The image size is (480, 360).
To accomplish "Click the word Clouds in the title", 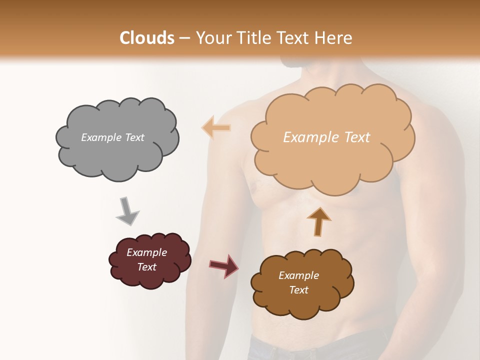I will coord(147,38).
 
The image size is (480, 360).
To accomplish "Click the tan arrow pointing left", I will coord(216,127).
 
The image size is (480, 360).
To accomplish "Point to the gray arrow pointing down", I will coord(127,210).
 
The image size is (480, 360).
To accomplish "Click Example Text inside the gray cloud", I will coord(112,137).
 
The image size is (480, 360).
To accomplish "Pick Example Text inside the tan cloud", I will coord(326,137).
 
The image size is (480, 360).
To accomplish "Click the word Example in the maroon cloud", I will coord(146,252).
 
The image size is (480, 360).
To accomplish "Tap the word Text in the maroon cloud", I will coord(146,267).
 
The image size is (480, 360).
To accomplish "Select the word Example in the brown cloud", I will coord(298,275).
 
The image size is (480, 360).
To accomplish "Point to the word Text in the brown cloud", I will coord(298,290).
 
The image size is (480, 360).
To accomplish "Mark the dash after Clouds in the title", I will coord(184,38).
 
